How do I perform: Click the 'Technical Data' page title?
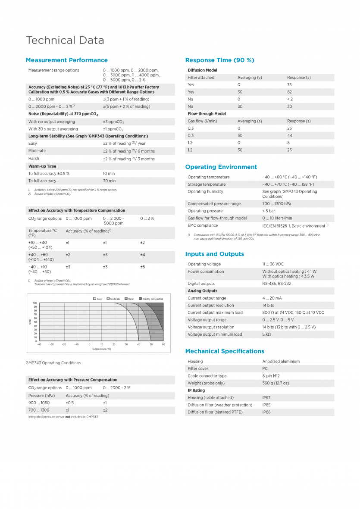click(65, 41)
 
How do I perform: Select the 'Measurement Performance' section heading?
click(67, 60)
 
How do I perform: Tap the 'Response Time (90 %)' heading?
click(220, 60)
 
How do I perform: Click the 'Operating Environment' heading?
click(221, 167)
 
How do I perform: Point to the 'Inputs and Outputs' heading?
click(215, 254)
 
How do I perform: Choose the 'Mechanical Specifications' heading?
click(225, 351)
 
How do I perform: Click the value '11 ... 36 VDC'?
click(273, 264)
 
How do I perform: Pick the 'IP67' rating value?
click(266, 398)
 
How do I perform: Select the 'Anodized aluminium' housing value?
click(281, 362)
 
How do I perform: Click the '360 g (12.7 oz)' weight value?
click(276, 383)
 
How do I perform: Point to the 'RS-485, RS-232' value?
click(277, 284)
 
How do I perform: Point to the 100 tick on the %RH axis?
click(34, 303)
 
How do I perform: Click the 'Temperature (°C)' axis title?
click(101, 349)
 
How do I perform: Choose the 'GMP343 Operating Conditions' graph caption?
click(53, 363)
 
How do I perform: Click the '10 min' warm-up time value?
click(109, 174)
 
